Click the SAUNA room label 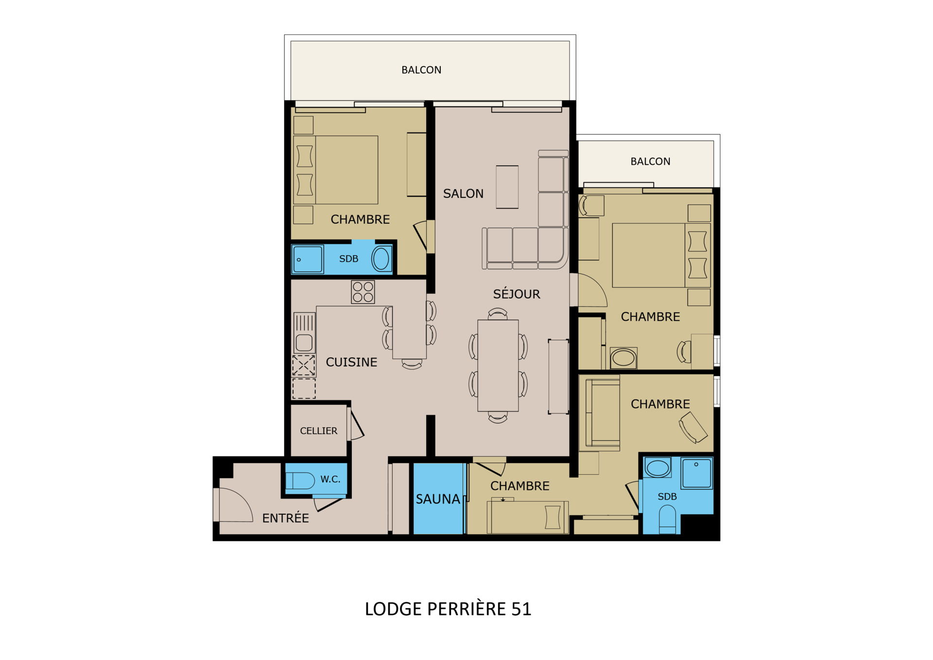click(x=438, y=499)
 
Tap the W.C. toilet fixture click(x=300, y=481)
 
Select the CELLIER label click(x=318, y=431)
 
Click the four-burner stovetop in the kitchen click(x=363, y=292)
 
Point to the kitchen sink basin click(x=304, y=343)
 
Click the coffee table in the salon click(x=507, y=187)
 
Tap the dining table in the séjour click(x=498, y=365)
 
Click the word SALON click(x=463, y=194)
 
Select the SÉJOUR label click(x=517, y=294)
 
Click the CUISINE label click(x=351, y=362)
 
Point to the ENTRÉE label click(x=286, y=518)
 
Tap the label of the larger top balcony click(x=421, y=70)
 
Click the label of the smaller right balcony click(x=650, y=161)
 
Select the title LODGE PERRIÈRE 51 click(x=448, y=609)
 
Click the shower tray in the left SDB click(x=308, y=259)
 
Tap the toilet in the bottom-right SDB click(x=668, y=519)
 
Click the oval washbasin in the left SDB click(x=381, y=259)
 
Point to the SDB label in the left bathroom click(x=348, y=259)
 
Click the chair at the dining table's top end click(x=498, y=313)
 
